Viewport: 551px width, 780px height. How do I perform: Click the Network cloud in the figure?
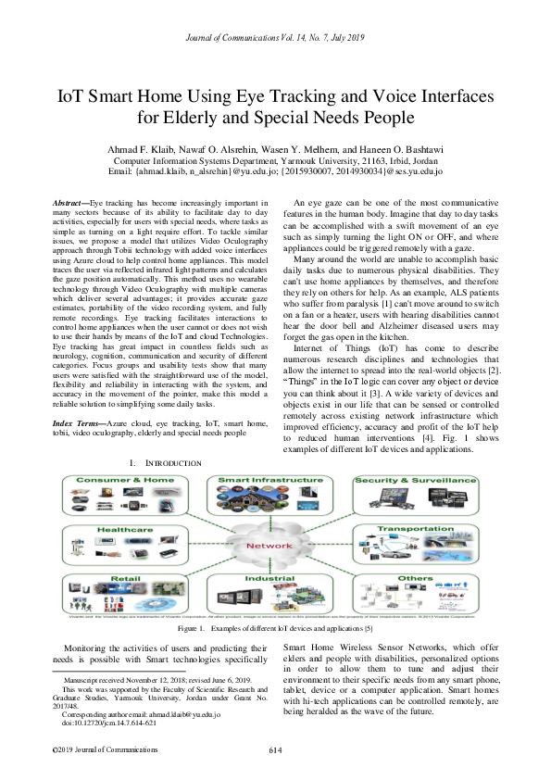pyautogui.click(x=269, y=546)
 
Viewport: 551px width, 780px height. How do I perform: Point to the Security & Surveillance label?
pyautogui.click(x=422, y=482)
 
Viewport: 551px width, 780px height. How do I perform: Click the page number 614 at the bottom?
pyautogui.click(x=275, y=749)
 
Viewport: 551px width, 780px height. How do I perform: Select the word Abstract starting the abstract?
pyautogui.click(x=69, y=202)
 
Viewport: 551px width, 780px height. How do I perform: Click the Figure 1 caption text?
pyautogui.click(x=275, y=628)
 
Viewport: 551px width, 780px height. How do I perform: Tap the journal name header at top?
pyautogui.click(x=275, y=37)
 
